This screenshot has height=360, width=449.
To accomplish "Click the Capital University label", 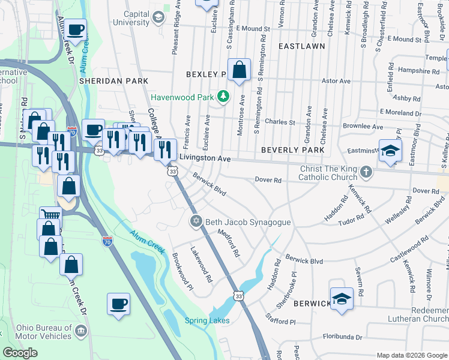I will tap(127, 18).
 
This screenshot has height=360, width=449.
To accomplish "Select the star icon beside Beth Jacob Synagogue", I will tap(195, 222).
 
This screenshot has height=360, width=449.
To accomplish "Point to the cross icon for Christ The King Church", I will tap(366, 173).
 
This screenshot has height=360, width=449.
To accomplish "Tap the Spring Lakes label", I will tap(207, 320).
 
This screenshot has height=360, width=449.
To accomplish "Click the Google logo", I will tap(20, 353).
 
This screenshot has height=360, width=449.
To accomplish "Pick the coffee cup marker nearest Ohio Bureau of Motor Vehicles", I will tap(118, 302).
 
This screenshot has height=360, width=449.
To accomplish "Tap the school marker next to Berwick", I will tap(341, 299).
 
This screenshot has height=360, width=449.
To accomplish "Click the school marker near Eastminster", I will tap(390, 152).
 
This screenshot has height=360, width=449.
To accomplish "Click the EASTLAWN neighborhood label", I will tap(301, 46).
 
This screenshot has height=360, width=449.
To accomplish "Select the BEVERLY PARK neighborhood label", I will tap(292, 149).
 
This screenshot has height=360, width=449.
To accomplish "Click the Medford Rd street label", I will tap(229, 243).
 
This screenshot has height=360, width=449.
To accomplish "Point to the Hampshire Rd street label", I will tap(418, 71).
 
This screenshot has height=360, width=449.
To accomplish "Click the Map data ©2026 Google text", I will tap(411, 355).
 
